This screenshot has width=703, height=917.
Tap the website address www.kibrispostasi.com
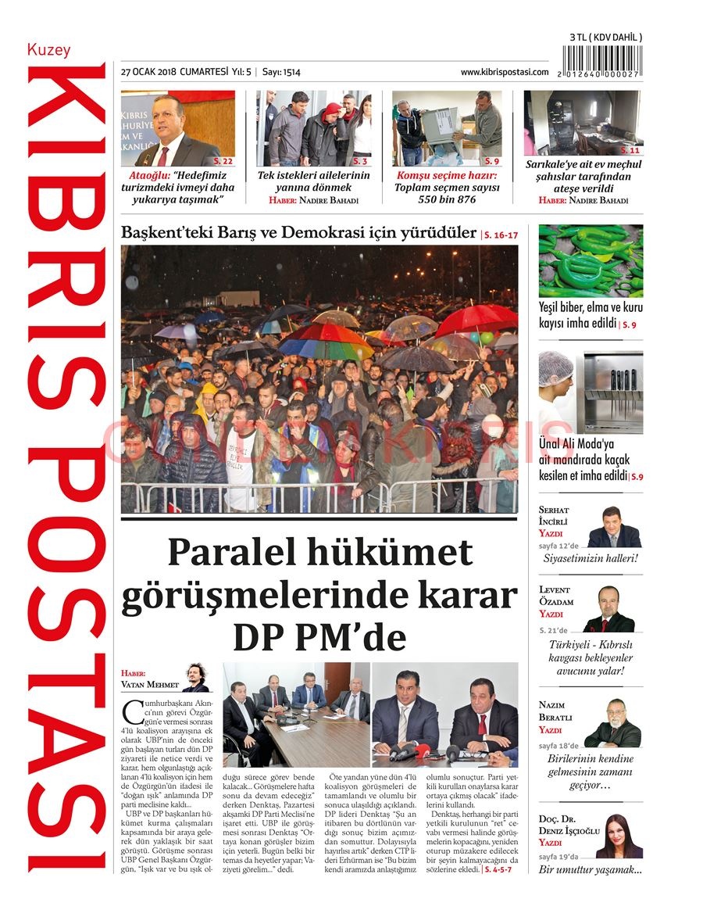pyautogui.click(x=504, y=72)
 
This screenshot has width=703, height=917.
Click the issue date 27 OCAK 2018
pyautogui.click(x=148, y=72)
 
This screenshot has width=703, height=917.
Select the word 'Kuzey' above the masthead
pyautogui.click(x=48, y=50)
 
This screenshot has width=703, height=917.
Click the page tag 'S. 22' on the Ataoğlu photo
pyautogui.click(x=223, y=160)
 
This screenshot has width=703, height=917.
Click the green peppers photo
pyautogui.click(x=591, y=260)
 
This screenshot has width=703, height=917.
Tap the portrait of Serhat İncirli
pyautogui.click(x=613, y=528)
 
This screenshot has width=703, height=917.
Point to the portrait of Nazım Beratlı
pyautogui.click(x=612, y=724)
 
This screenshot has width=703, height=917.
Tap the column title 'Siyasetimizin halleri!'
pyautogui.click(x=591, y=558)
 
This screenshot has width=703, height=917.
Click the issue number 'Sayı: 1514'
pyautogui.click(x=281, y=72)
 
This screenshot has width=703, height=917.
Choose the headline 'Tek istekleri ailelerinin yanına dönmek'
pyautogui.click(x=314, y=181)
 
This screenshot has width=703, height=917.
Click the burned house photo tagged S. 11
pyautogui.click(x=583, y=122)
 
